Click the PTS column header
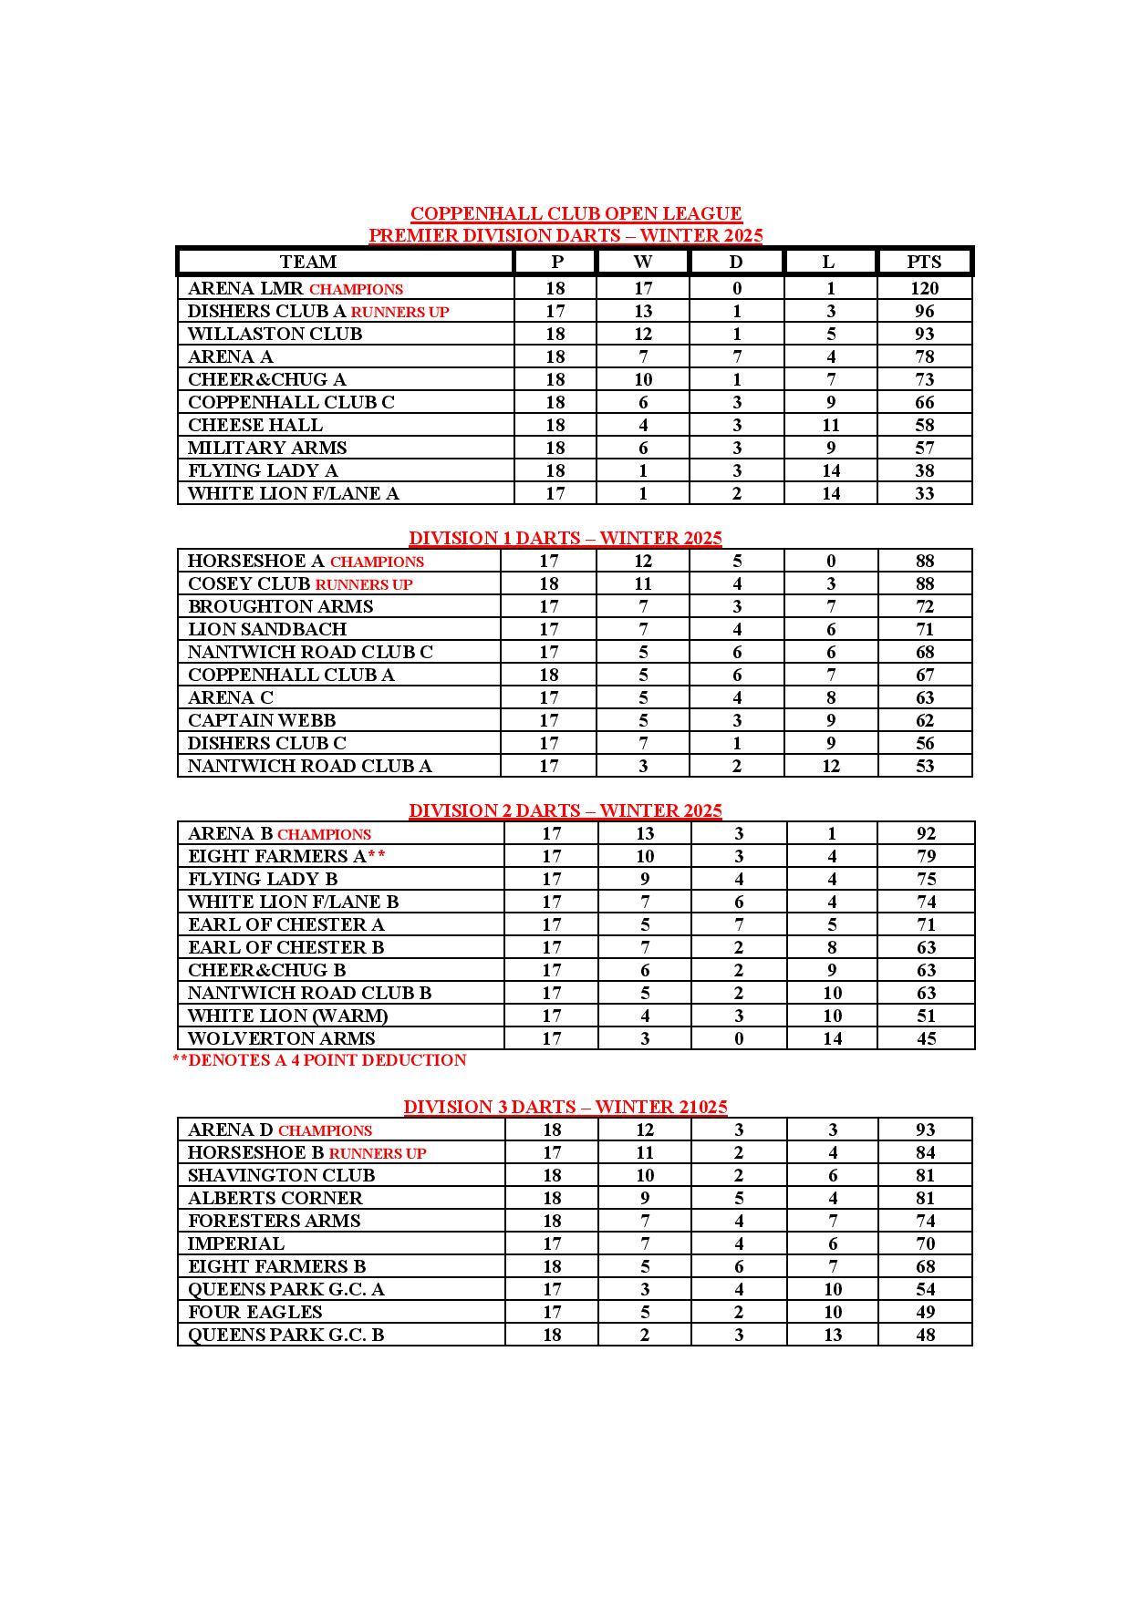click(x=923, y=262)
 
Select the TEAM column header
click(x=308, y=262)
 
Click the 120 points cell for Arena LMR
click(x=924, y=288)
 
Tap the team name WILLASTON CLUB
click(x=275, y=334)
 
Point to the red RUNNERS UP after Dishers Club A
click(x=399, y=312)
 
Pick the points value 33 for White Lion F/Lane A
click(x=924, y=493)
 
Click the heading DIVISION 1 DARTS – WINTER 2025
click(x=565, y=538)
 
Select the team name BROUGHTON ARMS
click(x=280, y=606)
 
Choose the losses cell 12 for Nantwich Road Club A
click(x=830, y=766)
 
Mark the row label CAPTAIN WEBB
click(x=262, y=720)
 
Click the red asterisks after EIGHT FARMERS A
click(x=376, y=856)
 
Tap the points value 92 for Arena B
click(x=926, y=833)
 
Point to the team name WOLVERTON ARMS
click(x=281, y=1038)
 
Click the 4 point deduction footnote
click(x=319, y=1060)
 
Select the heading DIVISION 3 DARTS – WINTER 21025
click(x=565, y=1107)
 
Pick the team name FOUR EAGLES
click(x=254, y=1312)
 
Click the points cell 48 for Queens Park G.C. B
click(x=925, y=1335)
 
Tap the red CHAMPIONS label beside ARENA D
click(x=325, y=1130)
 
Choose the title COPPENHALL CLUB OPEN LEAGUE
click(x=576, y=213)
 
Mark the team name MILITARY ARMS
click(x=267, y=448)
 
